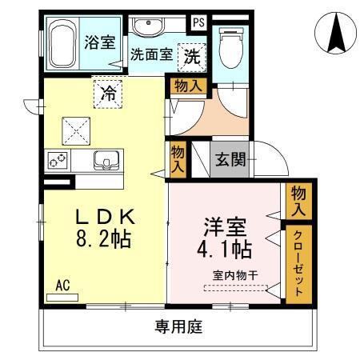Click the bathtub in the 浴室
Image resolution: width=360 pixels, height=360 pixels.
61,43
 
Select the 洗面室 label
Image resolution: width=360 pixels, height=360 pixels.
150,56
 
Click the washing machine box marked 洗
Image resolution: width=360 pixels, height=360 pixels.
191,55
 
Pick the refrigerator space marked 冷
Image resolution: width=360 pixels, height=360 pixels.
107,92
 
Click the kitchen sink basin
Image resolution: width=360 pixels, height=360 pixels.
105,160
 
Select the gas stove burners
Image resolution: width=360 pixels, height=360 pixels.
58,161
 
